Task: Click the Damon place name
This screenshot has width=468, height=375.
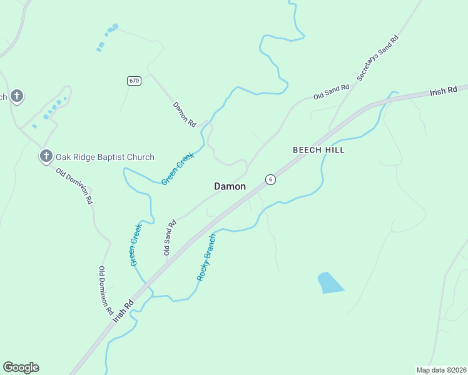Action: [230, 186]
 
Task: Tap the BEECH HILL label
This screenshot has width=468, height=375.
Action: [318, 151]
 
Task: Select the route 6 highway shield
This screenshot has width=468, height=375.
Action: [270, 179]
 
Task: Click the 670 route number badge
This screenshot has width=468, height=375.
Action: [134, 81]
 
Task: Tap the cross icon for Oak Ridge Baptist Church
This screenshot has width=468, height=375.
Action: [46, 156]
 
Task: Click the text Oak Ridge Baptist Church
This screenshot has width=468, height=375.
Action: [105, 157]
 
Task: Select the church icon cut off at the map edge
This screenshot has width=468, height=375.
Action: [16, 96]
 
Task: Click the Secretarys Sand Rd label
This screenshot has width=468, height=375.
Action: [378, 57]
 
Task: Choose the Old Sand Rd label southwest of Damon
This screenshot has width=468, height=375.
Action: [168, 237]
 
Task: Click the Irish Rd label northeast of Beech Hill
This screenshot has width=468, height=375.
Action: [444, 91]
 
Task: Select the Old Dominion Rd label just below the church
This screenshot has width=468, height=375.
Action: [74, 186]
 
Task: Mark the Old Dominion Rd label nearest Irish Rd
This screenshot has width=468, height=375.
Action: [104, 290]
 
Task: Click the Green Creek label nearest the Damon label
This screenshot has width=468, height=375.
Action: [178, 169]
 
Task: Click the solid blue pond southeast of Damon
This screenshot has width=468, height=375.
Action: [330, 282]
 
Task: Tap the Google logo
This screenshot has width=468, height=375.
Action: [21, 367]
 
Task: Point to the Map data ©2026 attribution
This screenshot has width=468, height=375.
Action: [440, 369]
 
